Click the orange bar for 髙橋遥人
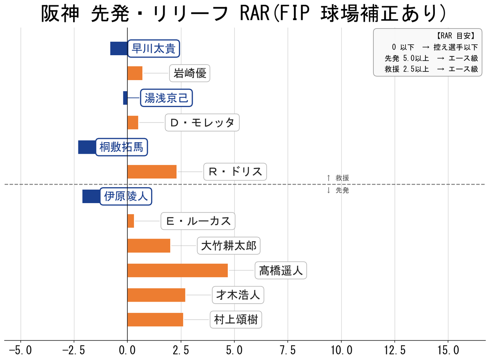pos(178,271)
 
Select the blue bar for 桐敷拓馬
pos(87,147)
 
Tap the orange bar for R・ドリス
pos(152,172)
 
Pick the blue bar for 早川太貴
pos(118,48)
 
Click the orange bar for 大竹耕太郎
pos(149,246)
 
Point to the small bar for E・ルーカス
pos(131,221)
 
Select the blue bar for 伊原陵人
pos(91,197)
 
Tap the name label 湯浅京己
pos(166,98)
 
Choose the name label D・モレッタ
pos(202,123)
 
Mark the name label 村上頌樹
pos(236,320)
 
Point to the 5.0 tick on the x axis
pos(234,350)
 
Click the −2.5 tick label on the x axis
pos(74,350)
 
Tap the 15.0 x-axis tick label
pos(448,350)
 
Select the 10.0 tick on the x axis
pos(341,350)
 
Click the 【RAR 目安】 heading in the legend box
pos(455,36)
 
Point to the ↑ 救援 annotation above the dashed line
pos(338,178)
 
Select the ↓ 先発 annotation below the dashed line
pos(338,190)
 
